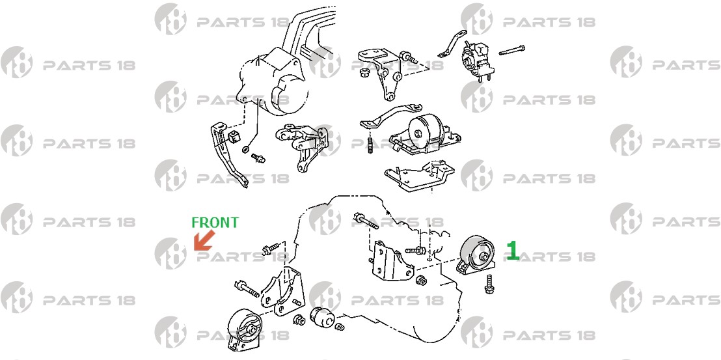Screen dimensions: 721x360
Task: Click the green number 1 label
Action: (512, 251)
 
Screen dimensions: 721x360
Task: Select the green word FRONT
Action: (215, 223)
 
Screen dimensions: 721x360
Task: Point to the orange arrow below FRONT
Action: (204, 240)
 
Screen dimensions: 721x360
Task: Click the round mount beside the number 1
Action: (477, 256)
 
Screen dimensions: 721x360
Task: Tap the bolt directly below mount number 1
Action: (489, 283)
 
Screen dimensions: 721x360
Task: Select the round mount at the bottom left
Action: (243, 329)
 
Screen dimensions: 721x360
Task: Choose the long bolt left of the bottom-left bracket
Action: (247, 289)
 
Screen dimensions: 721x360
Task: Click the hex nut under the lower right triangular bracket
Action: (420, 280)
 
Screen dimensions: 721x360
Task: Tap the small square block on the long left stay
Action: (235, 136)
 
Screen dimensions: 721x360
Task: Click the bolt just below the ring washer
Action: (258, 158)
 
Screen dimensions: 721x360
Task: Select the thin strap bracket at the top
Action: (452, 44)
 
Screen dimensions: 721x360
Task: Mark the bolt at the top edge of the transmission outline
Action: (366, 221)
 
